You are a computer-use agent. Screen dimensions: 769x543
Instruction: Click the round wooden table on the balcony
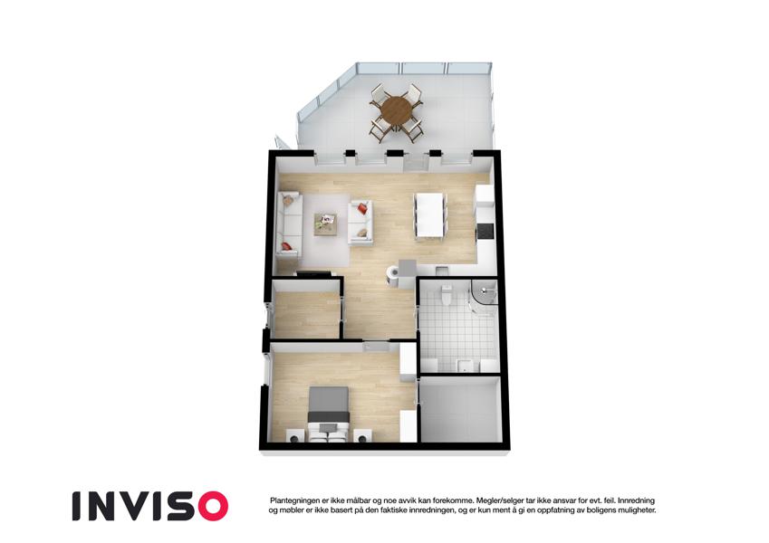(x=398, y=111)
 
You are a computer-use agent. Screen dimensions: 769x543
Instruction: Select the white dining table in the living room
(x=430, y=216)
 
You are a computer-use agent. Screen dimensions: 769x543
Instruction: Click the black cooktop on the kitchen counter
(x=485, y=232)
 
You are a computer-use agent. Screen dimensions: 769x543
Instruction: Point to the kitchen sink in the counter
(x=441, y=270)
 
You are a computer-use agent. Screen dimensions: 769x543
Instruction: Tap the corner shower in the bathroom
(x=484, y=298)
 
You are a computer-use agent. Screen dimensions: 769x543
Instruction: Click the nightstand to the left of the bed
(x=295, y=435)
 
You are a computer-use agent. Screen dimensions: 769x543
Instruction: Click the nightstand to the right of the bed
(x=363, y=435)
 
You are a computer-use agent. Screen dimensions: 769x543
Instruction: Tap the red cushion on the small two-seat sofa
(x=362, y=208)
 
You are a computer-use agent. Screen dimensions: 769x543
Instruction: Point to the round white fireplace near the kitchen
(x=393, y=275)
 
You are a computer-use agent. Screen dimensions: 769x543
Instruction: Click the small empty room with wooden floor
(x=306, y=314)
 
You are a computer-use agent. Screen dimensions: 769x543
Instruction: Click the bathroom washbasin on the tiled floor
(x=464, y=365)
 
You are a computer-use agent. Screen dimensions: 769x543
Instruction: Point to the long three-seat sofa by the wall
(x=288, y=224)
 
